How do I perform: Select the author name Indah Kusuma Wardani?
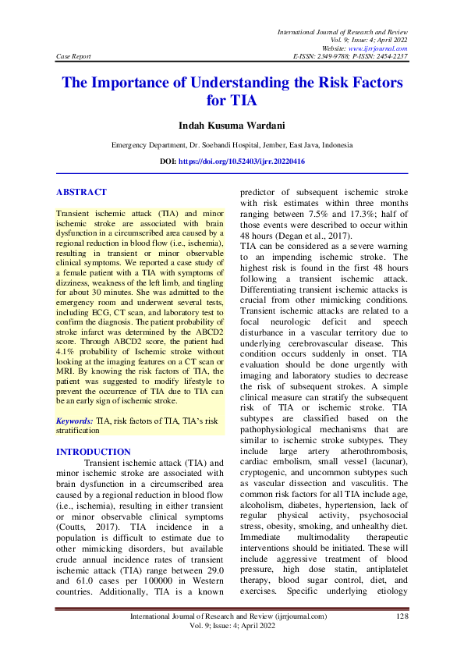click(232, 125)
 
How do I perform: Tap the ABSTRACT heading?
click(81, 192)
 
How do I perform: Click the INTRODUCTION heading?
click(94, 452)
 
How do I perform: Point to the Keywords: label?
click(74, 421)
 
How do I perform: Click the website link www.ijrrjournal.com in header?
click(379, 48)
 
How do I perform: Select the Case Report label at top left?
click(74, 57)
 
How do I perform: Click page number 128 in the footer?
click(402, 616)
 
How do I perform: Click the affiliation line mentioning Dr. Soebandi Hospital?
click(232, 145)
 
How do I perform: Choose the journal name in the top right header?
click(342, 30)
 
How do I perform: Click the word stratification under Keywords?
click(80, 431)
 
